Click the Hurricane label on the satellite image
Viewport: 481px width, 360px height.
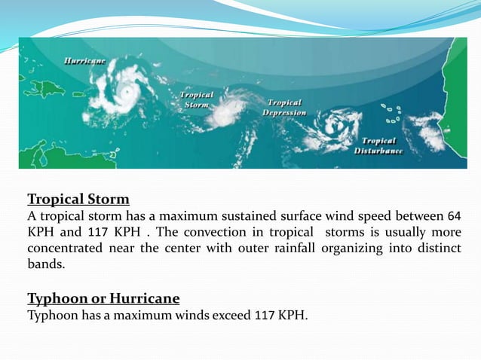(84, 59)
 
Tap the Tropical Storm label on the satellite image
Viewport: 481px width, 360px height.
(196, 100)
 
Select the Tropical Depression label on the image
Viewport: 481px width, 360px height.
(284, 107)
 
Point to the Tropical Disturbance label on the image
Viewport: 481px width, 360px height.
(378, 145)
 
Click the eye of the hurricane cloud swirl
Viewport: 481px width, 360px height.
(127, 92)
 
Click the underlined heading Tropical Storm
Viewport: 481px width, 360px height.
(78, 200)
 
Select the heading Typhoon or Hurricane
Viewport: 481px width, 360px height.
(103, 299)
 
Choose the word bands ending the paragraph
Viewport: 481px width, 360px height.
(45, 265)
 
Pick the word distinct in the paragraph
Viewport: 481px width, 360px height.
(437, 249)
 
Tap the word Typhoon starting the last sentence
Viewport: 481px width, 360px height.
(52, 315)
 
